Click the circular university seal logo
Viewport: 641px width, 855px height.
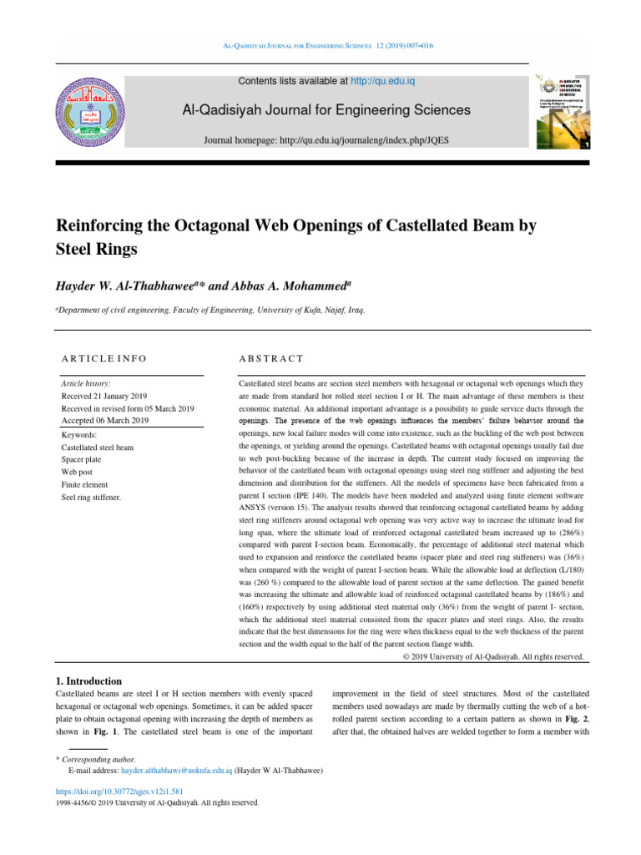click(x=94, y=111)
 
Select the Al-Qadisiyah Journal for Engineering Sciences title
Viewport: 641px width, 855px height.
click(x=320, y=110)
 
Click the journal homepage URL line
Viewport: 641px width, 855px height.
click(x=326, y=140)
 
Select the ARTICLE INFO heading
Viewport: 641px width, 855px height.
click(x=104, y=358)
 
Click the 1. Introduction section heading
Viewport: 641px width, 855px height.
click(x=88, y=681)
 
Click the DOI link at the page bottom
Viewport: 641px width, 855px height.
click(x=119, y=791)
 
